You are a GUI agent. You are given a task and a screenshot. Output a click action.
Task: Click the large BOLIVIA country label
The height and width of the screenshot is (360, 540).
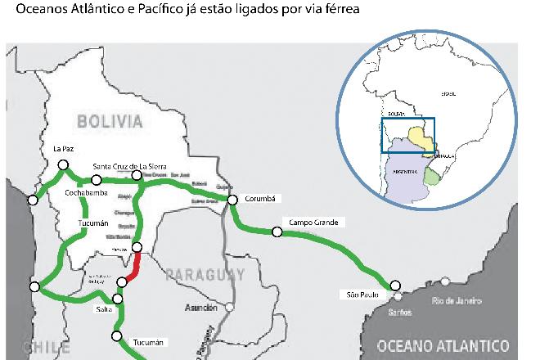tap(110, 122)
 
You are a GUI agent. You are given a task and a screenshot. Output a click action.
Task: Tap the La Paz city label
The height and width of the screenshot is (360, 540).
tap(63, 149)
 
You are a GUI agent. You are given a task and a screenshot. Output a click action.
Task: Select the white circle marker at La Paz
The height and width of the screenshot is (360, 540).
tap(63, 165)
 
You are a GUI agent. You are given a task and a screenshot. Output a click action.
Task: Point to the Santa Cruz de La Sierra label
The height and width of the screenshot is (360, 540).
tap(129, 165)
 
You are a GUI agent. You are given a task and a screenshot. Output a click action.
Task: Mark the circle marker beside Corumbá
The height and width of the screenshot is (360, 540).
tap(232, 200)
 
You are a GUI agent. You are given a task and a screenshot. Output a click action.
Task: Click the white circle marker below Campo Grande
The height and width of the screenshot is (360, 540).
tap(277, 232)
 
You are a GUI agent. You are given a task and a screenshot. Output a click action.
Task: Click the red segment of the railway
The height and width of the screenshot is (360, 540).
tap(134, 266)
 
